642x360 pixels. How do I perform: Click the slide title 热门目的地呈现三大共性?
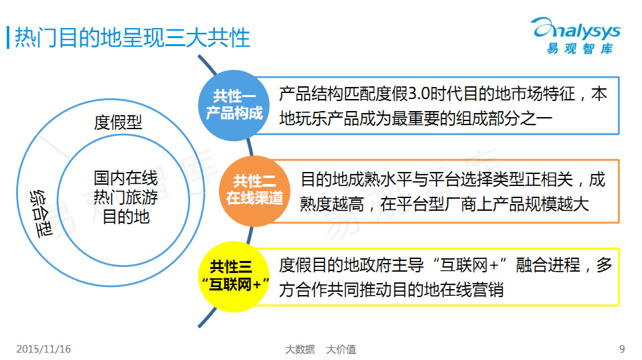(x=133, y=38)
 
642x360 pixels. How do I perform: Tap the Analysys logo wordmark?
(x=576, y=29)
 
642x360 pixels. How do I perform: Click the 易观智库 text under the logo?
(x=580, y=49)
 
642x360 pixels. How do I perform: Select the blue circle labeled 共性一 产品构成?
(x=234, y=106)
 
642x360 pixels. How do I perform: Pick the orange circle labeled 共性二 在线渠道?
(x=254, y=191)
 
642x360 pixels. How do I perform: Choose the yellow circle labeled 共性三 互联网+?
(x=234, y=277)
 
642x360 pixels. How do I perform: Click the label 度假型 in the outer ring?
(x=118, y=122)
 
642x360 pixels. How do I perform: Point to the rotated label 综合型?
(x=41, y=213)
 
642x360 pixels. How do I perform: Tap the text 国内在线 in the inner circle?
(x=126, y=178)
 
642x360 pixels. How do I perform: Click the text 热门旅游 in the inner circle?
(x=126, y=197)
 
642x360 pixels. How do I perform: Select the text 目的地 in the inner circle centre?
(x=126, y=217)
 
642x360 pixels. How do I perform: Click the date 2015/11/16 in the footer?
(x=44, y=349)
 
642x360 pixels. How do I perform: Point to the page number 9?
(x=622, y=349)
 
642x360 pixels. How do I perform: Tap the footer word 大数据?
(x=300, y=349)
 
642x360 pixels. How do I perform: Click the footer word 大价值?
(x=341, y=349)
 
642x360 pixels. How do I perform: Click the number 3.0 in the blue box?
(x=419, y=94)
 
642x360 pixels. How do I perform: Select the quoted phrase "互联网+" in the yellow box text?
(x=470, y=265)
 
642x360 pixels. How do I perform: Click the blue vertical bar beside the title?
(x=8, y=37)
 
